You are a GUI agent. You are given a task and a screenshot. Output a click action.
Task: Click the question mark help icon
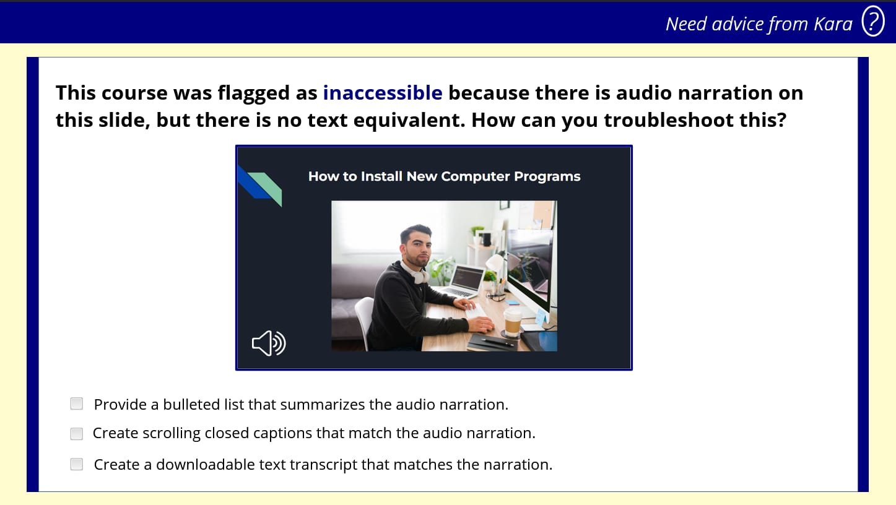873,21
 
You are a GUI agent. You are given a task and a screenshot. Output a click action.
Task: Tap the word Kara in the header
833,24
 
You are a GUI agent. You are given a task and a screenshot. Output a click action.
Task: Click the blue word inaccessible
383,93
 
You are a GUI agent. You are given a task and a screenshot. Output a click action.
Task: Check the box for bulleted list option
76,404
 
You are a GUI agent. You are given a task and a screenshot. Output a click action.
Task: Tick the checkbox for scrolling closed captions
76,433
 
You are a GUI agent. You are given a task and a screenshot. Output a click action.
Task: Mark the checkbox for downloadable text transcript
76,464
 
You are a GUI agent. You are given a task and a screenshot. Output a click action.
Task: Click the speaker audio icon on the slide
268,343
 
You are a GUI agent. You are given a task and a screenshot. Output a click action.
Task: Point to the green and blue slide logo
260,185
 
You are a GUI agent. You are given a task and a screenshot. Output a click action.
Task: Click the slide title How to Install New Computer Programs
444,176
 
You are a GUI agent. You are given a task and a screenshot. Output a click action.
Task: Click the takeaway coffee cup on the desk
513,322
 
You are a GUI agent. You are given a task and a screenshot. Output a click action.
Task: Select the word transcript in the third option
324,465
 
